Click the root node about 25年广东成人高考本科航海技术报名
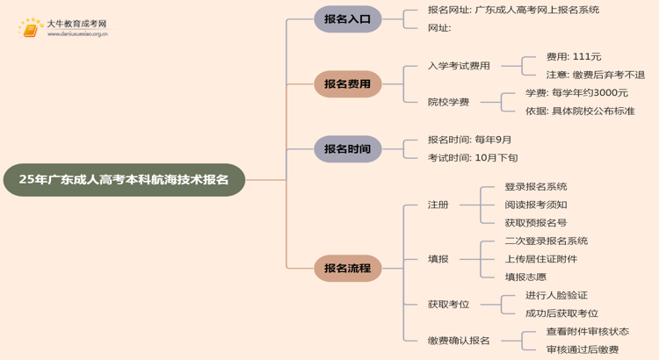[x=124, y=179]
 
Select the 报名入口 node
[x=348, y=19]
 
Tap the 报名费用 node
[x=348, y=84]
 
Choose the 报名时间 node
[x=348, y=148]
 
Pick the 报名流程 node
[x=348, y=269]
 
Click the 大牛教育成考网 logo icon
[x=32, y=29]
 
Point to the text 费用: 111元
[x=574, y=57]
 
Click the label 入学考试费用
[x=459, y=66]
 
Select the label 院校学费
[x=448, y=102]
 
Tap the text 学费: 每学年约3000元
[x=576, y=93]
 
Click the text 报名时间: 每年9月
[x=469, y=140]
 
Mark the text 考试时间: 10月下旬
[x=473, y=158]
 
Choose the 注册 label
[x=438, y=205]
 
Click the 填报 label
[x=438, y=259]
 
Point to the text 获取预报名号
[x=535, y=223]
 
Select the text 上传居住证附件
[x=541, y=259]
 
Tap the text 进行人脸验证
[x=556, y=296]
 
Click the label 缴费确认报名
[x=459, y=341]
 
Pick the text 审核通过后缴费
[x=582, y=350]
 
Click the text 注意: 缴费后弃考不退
[x=595, y=76]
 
